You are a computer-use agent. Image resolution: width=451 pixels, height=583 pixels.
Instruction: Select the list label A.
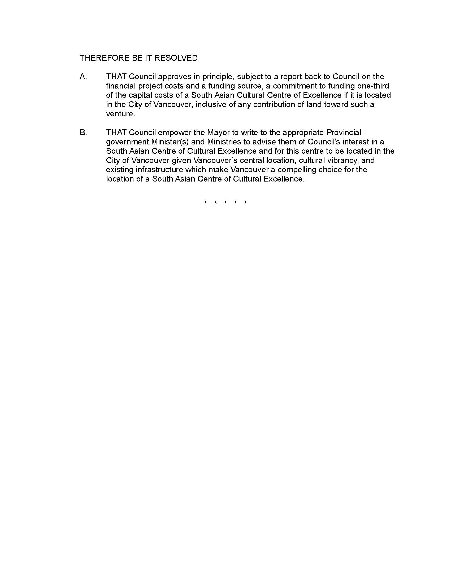pos(83,77)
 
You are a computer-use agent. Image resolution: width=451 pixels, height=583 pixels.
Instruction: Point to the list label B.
pos(83,132)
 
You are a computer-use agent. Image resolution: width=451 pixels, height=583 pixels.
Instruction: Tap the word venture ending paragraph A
pos(120,114)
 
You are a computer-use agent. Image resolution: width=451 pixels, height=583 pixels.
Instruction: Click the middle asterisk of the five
pos(226,203)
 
